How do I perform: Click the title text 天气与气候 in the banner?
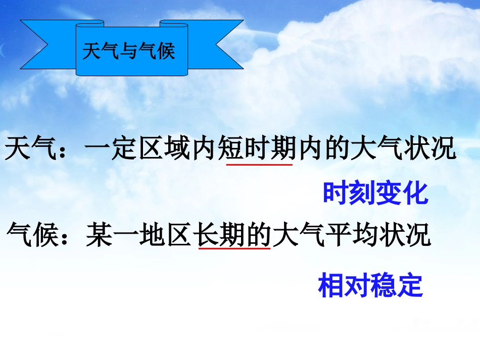(128, 52)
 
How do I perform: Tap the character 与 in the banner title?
(129, 52)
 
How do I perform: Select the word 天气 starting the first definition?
(31, 149)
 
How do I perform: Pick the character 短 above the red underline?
(231, 149)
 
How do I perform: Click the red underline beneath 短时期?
(259, 164)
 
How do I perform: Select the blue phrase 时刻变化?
(375, 193)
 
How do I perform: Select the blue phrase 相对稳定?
(370, 285)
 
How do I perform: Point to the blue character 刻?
(362, 193)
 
